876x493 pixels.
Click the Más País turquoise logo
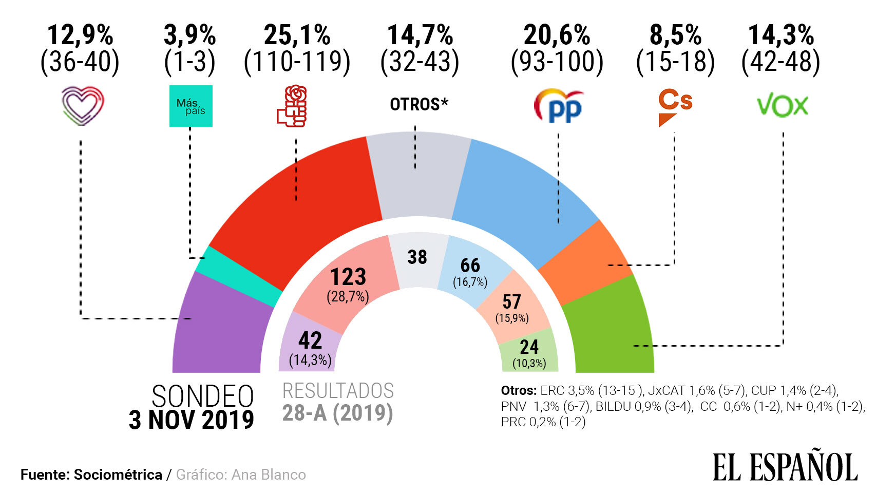tap(191, 106)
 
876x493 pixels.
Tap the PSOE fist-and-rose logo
tap(292, 106)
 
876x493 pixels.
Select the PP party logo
tap(559, 106)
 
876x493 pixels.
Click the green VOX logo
tap(782, 106)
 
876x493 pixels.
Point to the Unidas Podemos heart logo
tap(82, 106)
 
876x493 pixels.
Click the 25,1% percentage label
tap(297, 35)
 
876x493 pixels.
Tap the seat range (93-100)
tap(557, 62)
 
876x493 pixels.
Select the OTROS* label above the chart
tap(419, 104)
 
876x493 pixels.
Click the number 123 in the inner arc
tap(348, 277)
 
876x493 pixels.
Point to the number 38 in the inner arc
tap(417, 257)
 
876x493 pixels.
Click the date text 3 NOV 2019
tap(191, 420)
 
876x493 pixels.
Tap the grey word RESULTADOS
tap(338, 391)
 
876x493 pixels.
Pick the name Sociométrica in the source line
tap(118, 475)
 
